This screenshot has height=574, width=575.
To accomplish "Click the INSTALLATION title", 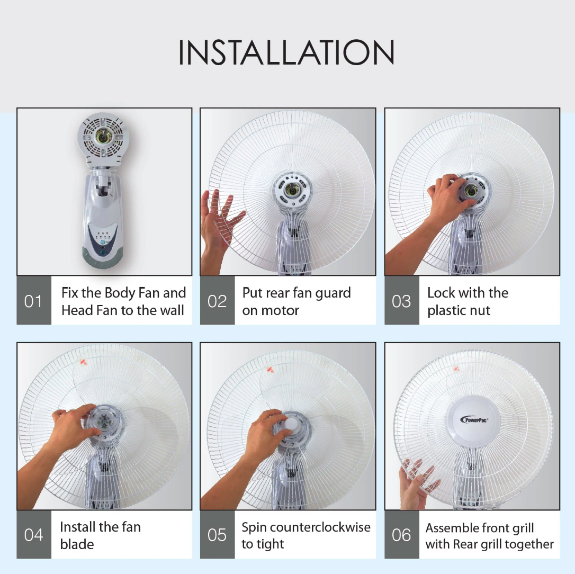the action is (x=286, y=52).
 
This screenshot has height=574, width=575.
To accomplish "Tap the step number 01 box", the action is (x=34, y=300).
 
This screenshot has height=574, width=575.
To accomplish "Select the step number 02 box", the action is (x=217, y=300).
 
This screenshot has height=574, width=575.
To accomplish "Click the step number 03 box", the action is (x=401, y=300).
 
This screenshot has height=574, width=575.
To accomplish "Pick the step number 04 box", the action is (x=34, y=534).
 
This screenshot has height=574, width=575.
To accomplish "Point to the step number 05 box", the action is (x=217, y=534).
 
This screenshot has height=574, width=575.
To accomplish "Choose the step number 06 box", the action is (x=401, y=534).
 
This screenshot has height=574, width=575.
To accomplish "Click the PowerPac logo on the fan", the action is (x=474, y=419).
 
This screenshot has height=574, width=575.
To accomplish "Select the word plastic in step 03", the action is (x=444, y=311).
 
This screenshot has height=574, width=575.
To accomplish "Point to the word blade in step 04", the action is (x=77, y=544).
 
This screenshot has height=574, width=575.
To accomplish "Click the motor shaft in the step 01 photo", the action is (x=102, y=137).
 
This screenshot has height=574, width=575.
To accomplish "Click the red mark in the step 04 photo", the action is (x=84, y=362).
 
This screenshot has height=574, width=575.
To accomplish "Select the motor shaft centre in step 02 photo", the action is (x=292, y=190).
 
